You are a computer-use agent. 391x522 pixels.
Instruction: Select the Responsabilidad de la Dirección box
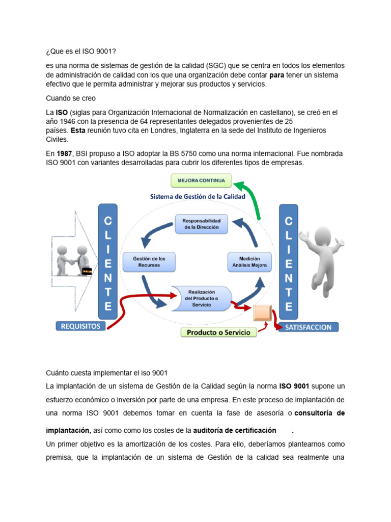(x=202, y=224)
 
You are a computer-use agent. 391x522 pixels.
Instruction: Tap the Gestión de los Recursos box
(x=150, y=262)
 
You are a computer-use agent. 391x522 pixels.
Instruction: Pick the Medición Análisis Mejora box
(x=249, y=262)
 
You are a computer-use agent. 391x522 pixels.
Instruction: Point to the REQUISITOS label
(x=81, y=326)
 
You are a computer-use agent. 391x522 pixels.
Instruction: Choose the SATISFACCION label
(x=308, y=327)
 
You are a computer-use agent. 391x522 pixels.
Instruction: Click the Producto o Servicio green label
(x=218, y=332)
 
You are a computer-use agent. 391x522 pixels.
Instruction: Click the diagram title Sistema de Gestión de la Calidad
(x=198, y=196)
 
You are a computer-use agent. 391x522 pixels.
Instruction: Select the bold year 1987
(x=64, y=153)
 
